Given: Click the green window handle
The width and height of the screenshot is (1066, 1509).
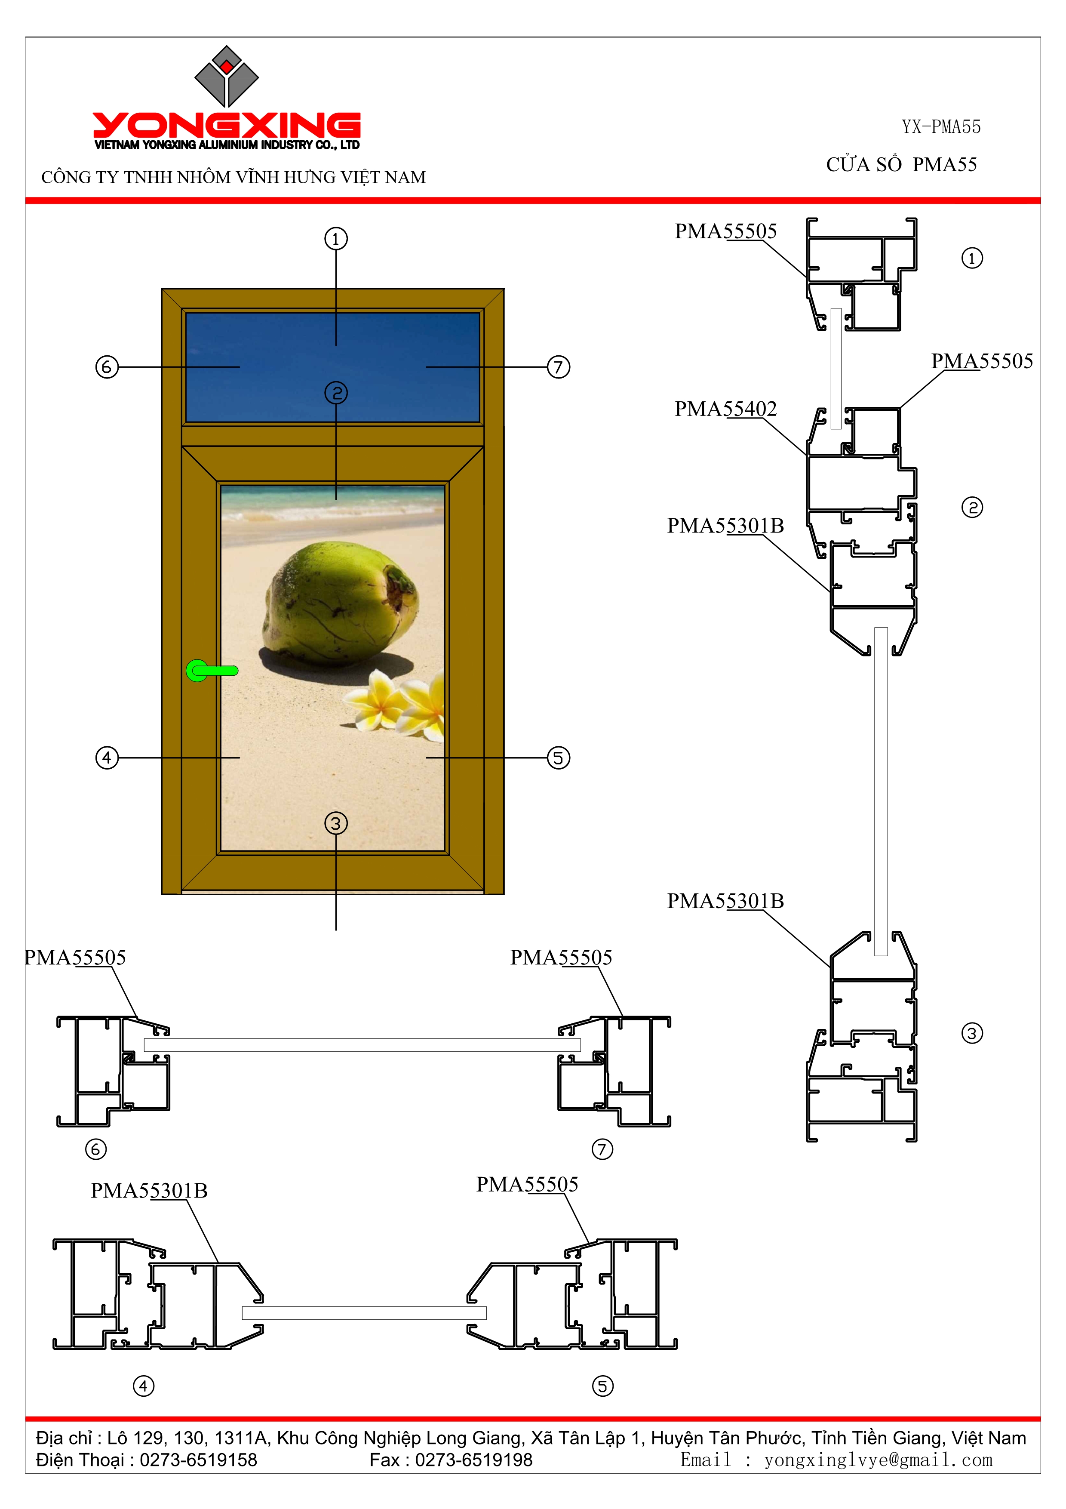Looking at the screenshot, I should coord(212,670).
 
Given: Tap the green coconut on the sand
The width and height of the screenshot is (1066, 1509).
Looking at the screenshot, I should coord(340,604).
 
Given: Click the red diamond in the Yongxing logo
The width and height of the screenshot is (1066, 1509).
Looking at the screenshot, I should coord(227,66).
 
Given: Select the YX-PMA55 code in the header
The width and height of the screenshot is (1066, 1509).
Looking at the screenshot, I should coord(940,127).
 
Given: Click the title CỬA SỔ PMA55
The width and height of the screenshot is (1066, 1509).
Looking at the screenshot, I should coord(901,164).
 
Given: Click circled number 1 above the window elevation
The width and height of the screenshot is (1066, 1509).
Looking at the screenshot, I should coord(336,239).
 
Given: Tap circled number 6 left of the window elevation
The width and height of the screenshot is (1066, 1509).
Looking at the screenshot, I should coord(107,367).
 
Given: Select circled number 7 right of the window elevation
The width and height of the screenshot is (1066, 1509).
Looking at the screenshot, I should coord(558,367).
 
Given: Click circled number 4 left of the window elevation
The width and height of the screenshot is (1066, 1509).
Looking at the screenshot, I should coord(107,758).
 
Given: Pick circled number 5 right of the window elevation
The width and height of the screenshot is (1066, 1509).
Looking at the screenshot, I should coord(558,758).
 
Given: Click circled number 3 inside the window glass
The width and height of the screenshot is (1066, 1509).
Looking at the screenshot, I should coord(336,823).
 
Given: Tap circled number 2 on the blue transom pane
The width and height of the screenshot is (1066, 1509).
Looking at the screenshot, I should coord(336,393).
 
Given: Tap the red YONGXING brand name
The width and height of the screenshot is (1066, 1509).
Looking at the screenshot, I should coord(227,125).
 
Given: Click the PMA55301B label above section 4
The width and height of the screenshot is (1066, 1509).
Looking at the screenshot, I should coord(149,1190).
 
